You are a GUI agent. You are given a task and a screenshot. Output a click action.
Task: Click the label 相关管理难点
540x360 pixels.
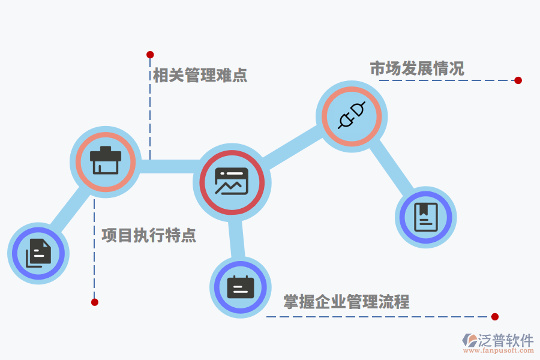(200, 76)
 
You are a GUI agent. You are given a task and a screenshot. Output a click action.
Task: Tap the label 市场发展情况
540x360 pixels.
(417, 69)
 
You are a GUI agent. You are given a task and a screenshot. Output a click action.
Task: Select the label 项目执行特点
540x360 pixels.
(149, 235)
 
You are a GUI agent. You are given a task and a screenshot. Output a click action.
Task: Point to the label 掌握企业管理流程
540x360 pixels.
(346, 302)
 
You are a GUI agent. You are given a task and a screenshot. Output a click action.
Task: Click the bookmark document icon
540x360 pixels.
(426, 217)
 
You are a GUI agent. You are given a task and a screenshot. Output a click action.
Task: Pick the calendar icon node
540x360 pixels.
(241, 287)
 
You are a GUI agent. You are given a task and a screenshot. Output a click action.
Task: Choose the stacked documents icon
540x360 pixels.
(38, 253)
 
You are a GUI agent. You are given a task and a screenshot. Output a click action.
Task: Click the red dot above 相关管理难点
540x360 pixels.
(150, 55)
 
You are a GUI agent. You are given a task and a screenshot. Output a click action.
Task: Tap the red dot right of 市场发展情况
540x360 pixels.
(518, 80)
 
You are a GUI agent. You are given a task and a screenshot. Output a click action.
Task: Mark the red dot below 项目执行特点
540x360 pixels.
(94, 302)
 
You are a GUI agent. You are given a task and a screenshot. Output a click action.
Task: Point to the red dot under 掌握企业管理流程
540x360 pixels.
(494, 317)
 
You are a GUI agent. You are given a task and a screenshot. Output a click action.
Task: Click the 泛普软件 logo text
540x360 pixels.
(505, 340)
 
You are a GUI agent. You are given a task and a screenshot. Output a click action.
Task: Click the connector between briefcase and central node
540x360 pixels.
(167, 166)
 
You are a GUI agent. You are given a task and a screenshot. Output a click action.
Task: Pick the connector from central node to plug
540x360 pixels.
(290, 147)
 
